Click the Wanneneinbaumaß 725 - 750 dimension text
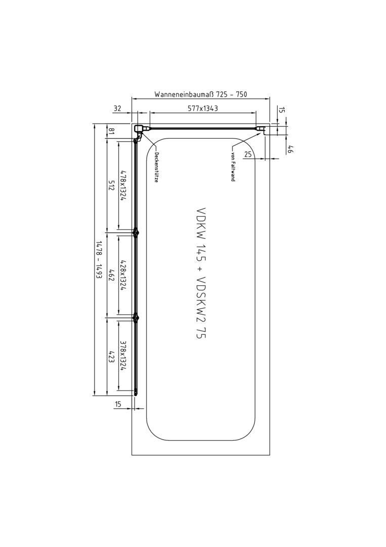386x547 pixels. pyautogui.click(x=201, y=95)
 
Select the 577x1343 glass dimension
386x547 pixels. pyautogui.click(x=203, y=108)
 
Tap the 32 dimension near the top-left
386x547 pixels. pyautogui.click(x=117, y=108)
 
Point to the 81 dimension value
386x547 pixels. pyautogui.click(x=111, y=132)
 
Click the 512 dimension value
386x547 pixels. pyautogui.click(x=111, y=185)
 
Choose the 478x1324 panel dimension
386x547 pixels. pyautogui.click(x=123, y=185)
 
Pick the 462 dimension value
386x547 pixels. pyautogui.click(x=111, y=275)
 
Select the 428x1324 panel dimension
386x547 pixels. pyautogui.click(x=123, y=274)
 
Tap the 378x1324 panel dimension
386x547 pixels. pyautogui.click(x=123, y=357)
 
